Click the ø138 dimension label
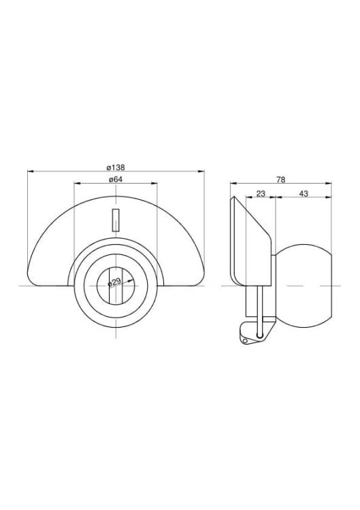click(116, 167)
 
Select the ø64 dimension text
click(116, 180)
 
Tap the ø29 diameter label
click(114, 282)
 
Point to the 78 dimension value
click(280, 180)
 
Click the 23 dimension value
click(261, 194)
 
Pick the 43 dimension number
click(304, 194)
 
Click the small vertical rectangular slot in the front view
click(116, 220)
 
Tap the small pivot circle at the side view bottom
click(245, 341)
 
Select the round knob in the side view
click(304, 286)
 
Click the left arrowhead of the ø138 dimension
click(30, 171)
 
